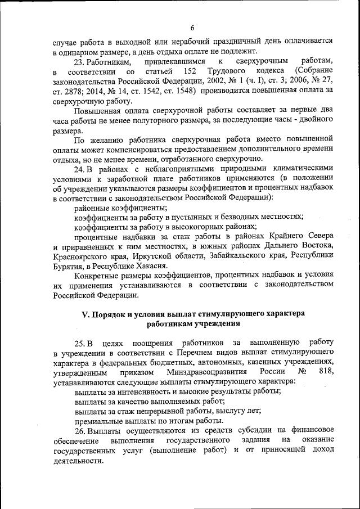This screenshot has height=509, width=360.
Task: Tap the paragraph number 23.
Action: point(79,61)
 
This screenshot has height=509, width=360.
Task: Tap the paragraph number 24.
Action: point(79,168)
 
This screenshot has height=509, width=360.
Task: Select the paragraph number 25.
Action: point(79,343)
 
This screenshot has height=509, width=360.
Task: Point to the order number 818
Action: point(326,372)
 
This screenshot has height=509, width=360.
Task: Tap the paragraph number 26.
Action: point(79,431)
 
